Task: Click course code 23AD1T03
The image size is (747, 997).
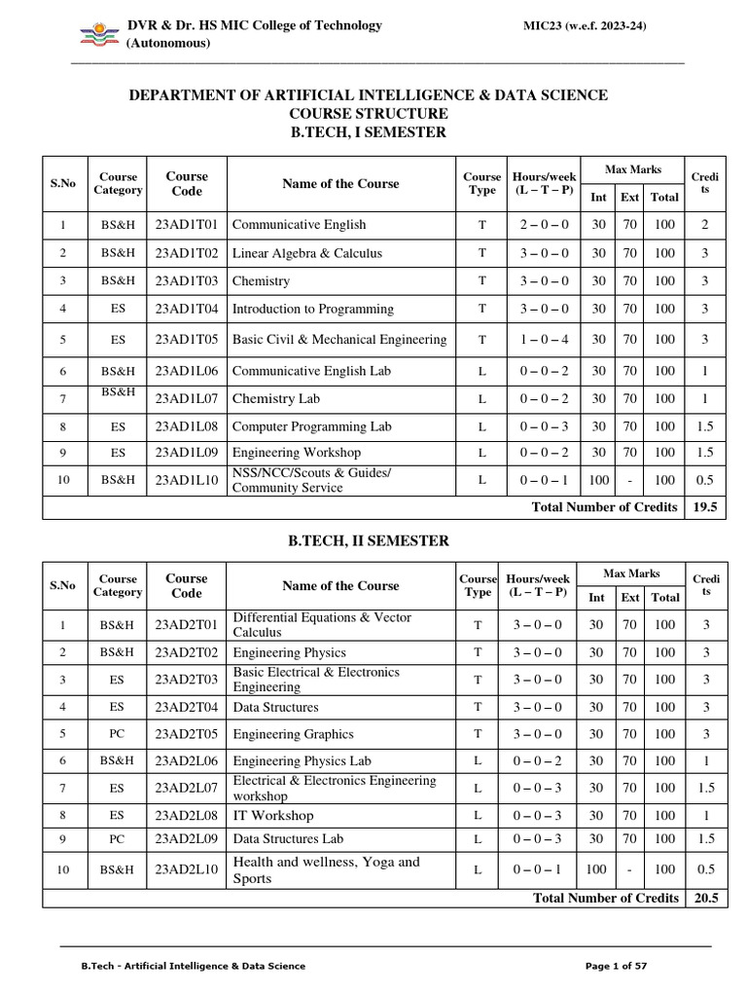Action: coord(187,280)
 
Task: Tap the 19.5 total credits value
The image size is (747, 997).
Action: coord(704,506)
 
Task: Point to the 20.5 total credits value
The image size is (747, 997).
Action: coord(704,898)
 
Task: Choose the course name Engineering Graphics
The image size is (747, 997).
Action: coord(293,734)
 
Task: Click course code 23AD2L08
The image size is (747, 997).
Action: coord(187,815)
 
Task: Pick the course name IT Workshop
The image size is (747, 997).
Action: coord(273,815)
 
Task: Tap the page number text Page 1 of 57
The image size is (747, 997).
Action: coord(617,966)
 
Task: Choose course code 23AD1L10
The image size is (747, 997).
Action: coord(187,479)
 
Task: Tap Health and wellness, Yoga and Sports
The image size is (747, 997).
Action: coord(326,869)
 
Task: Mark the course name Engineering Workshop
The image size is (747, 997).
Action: coord(297,453)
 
